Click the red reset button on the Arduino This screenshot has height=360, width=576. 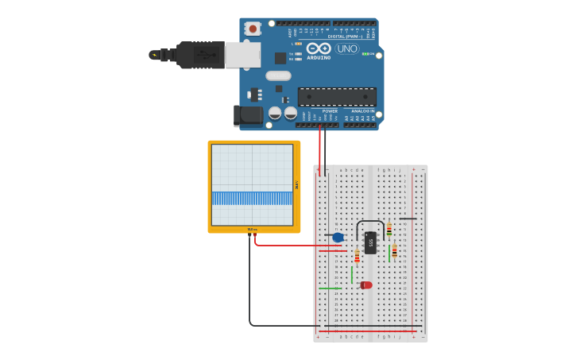tap(253, 29)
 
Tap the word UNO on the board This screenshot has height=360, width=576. tap(347, 49)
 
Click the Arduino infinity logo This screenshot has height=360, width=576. tap(319, 48)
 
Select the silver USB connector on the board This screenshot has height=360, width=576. tap(242, 55)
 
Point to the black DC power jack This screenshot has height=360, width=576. tap(249, 115)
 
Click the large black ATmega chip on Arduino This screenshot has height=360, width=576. tap(337, 96)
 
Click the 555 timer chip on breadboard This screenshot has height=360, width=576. tap(370, 242)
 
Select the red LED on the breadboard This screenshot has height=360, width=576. tap(365, 285)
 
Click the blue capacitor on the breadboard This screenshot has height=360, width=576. tap(338, 237)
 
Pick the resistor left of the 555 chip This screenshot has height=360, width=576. tap(357, 256)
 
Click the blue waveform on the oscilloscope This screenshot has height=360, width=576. tap(252, 198)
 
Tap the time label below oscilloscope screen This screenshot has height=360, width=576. tap(252, 229)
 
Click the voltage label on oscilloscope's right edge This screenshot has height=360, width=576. tap(297, 184)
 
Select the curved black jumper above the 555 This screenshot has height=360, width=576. tap(370, 222)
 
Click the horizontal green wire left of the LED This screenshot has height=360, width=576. tap(330, 288)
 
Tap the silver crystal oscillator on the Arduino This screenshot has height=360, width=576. tap(278, 75)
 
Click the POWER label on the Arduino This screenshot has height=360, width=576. tap(319, 111)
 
